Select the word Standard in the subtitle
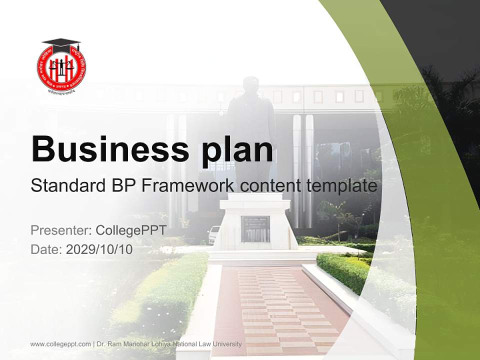[x=67, y=186]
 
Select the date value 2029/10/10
[x=99, y=249]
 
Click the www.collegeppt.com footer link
[x=60, y=344]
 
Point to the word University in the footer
[x=227, y=344]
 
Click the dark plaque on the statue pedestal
[x=255, y=229]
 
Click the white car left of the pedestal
[x=214, y=234]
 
